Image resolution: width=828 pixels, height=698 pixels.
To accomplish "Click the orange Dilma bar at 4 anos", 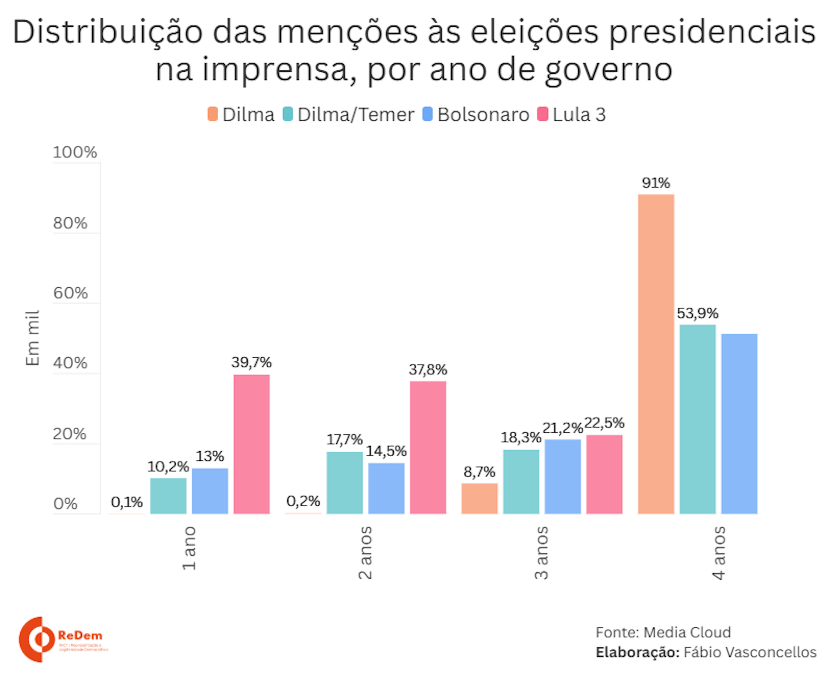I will [x=655, y=354].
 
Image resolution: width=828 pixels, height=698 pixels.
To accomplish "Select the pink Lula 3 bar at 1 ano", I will [x=251, y=444].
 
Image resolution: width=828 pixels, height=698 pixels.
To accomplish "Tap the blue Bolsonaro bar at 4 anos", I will [x=739, y=424].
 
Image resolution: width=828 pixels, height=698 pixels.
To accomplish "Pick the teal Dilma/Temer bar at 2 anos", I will [x=344, y=483].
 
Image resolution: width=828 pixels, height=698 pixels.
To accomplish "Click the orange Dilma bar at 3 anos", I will [x=479, y=498].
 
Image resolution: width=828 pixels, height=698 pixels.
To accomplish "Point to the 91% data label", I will [x=655, y=183].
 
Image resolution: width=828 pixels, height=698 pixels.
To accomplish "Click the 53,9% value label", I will [x=697, y=313].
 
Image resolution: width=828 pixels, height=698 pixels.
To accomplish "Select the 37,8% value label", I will [x=428, y=370].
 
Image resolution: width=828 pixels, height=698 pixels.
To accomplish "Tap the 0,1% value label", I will [x=127, y=502].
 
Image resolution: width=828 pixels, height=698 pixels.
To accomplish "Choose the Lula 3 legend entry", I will [x=572, y=115].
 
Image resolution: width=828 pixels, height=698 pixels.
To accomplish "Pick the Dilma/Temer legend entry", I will [x=348, y=115].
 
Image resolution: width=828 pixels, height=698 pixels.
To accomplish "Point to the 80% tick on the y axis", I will [x=70, y=223].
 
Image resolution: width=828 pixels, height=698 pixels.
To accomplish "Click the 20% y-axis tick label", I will [x=69, y=434].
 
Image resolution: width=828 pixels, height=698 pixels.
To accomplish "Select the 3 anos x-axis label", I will [x=541, y=553].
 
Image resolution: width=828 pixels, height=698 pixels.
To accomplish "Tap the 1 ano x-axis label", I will [x=189, y=548].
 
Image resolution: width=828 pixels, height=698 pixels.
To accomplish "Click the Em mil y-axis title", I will [x=33, y=338].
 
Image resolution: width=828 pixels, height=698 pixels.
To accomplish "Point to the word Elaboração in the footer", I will [x=637, y=652].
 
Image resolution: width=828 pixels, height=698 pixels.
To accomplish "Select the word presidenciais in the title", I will [x=712, y=33].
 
